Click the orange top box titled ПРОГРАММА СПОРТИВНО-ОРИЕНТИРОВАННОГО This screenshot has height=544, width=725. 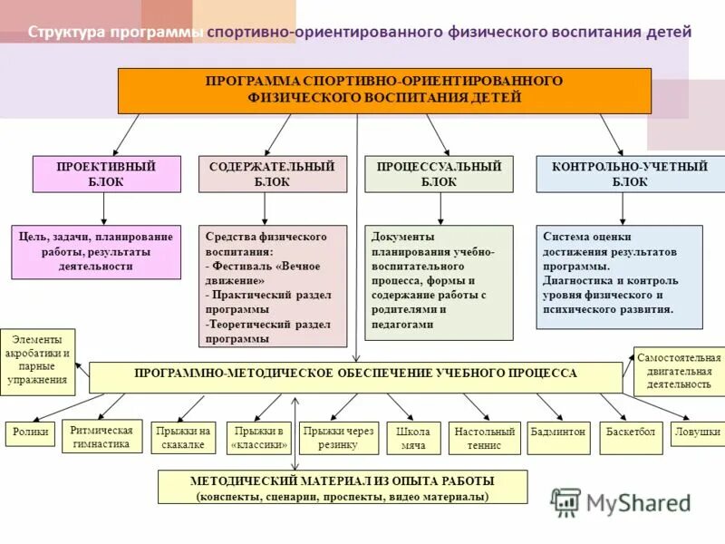coord(384,90)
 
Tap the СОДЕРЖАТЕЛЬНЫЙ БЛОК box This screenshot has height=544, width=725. coord(272,174)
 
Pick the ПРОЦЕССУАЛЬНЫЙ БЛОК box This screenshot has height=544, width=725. coord(439,174)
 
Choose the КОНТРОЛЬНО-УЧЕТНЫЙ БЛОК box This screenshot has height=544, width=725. coord(618,174)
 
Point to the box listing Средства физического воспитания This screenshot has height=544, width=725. coord(272,286)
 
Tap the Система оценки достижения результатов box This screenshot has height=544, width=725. coord(618,277)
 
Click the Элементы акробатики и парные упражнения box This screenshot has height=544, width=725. coord(38,360)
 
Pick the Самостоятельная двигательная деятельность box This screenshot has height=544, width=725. coord(679,370)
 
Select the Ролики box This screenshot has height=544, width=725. coord(31,432)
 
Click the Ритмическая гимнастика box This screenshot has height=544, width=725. coord(101,437)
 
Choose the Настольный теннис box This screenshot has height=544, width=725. coord(485,438)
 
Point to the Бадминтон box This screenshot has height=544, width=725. coord(558,432)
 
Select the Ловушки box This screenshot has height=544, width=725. coord(697,432)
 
